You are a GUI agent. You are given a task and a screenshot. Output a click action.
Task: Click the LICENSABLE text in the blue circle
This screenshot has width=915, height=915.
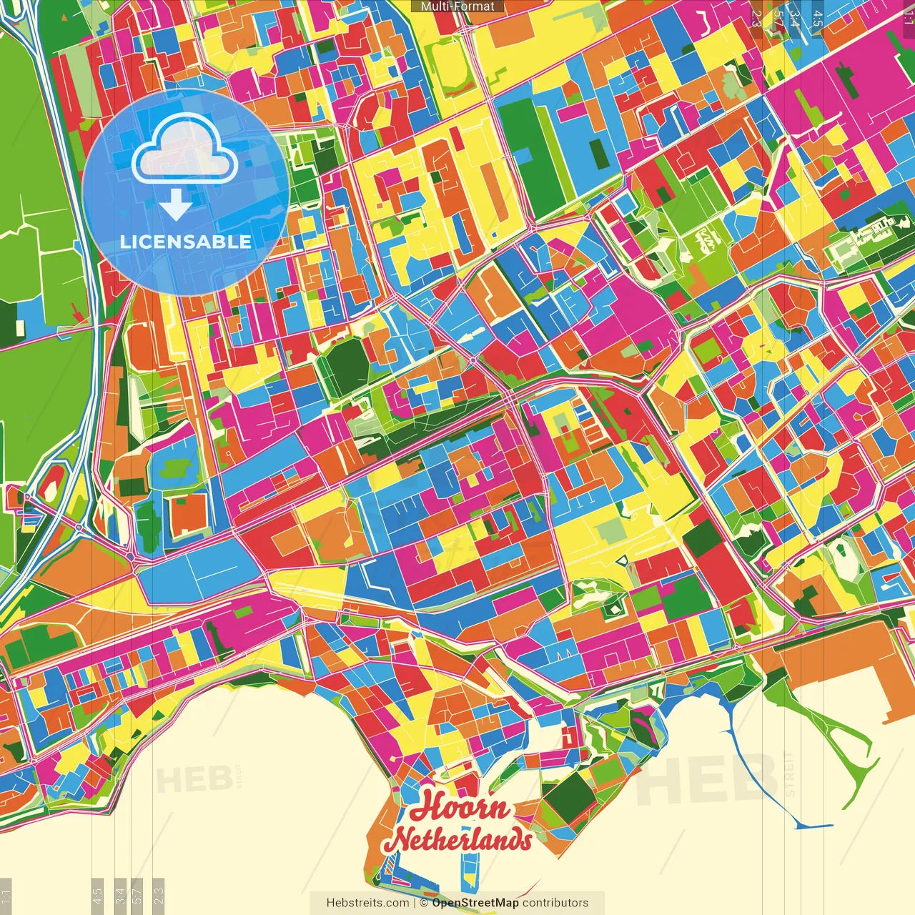[185, 242]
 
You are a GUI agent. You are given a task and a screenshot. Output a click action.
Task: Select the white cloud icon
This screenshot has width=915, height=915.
[184, 149]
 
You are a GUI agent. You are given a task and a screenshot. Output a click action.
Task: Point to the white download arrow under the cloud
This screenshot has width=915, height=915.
[175, 205]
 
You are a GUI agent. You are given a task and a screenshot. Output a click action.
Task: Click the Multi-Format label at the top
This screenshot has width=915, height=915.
[457, 6]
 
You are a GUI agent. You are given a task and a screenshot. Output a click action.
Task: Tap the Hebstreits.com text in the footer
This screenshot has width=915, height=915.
[367, 903]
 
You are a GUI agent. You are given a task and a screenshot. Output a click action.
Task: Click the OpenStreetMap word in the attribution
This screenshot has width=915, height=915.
[475, 903]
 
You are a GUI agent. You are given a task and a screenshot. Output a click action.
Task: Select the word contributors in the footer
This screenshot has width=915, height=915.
[555, 903]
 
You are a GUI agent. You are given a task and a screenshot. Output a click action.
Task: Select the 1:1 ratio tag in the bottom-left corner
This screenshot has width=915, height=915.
[6, 897]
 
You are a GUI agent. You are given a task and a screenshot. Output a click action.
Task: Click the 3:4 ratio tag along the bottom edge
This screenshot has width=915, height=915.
[120, 896]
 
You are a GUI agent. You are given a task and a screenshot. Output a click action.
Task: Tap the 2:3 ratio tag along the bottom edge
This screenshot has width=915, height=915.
[159, 896]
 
